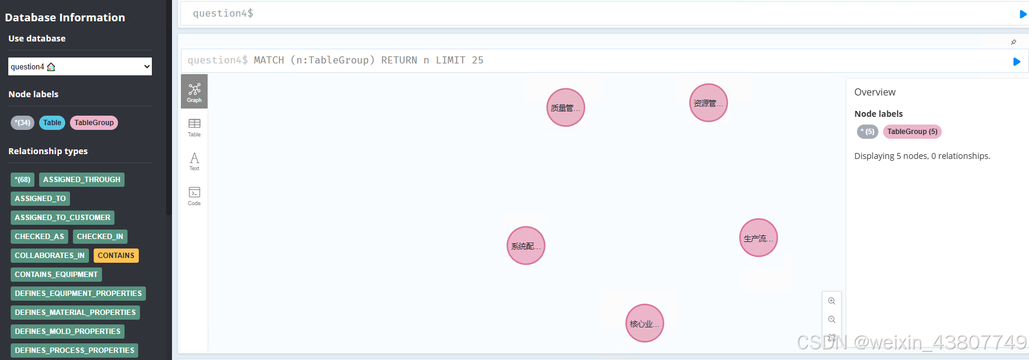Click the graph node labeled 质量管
point(565,107)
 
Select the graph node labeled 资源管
point(708,103)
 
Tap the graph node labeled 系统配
point(525,246)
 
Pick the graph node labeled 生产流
point(758,238)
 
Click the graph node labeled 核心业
point(644,323)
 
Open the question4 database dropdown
point(80,66)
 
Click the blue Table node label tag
point(52,123)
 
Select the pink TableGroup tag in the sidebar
point(94,123)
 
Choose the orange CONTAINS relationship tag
point(116,256)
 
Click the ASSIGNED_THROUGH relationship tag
point(82,180)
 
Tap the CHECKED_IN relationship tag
point(100,237)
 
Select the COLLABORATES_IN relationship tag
point(50,256)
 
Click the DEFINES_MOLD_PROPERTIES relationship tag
point(68,332)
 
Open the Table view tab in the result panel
point(194,126)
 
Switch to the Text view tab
point(194,161)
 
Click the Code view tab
point(194,195)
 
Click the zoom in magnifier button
point(832,301)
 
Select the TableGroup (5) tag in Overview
point(912,132)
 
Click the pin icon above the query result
point(1014,42)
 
